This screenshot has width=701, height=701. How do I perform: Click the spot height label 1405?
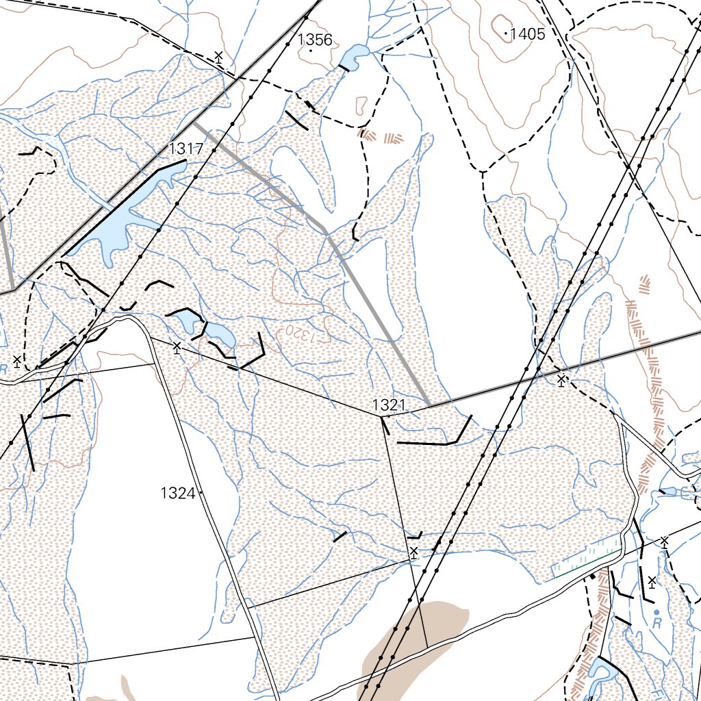(x=528, y=33)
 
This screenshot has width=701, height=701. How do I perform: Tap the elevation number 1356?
(x=315, y=40)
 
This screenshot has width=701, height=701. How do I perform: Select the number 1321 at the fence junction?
(x=389, y=405)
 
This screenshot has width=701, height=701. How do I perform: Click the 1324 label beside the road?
(x=178, y=492)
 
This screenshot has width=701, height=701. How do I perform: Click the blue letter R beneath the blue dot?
(x=657, y=624)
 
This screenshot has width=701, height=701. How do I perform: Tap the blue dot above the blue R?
(x=657, y=611)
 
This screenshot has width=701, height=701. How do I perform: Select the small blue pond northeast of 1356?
(x=354, y=58)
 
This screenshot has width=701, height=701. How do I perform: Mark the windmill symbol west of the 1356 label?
(x=218, y=57)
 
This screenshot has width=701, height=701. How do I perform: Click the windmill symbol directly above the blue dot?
(x=652, y=583)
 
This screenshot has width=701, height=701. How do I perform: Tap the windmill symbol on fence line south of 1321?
(x=413, y=552)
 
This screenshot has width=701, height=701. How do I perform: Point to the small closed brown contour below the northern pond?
(x=361, y=105)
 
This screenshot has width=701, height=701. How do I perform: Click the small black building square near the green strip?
(x=593, y=577)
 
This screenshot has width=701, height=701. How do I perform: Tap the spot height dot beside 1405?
(x=506, y=33)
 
